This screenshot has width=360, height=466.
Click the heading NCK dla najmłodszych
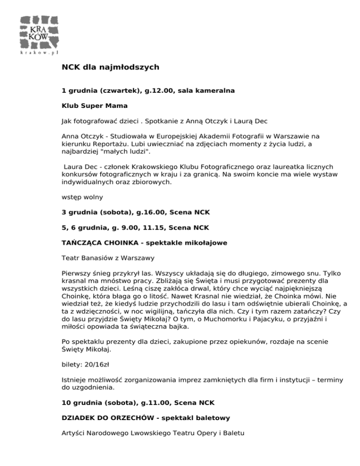111,68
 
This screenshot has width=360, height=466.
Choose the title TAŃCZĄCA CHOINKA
99,242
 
